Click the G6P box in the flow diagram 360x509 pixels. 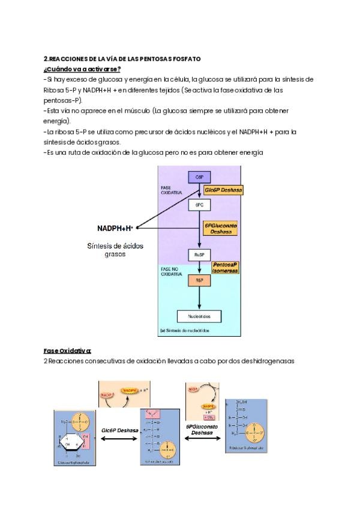(x=199, y=177)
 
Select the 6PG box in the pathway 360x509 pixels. (x=199, y=205)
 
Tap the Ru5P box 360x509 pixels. (x=199, y=254)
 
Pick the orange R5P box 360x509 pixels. (x=199, y=280)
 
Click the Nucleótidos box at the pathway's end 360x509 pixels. (x=199, y=316)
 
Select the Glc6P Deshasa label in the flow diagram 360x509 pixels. (x=222, y=190)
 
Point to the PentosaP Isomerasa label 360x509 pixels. (x=225, y=267)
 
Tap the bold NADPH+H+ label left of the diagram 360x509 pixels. (x=115, y=228)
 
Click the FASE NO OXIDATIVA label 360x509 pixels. (x=170, y=273)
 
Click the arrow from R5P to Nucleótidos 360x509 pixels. (x=199, y=298)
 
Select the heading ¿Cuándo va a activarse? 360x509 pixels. (x=82, y=69)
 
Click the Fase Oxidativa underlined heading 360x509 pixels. (x=67, y=350)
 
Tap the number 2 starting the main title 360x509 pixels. (x=46, y=59)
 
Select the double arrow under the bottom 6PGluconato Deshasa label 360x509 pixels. (x=202, y=439)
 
